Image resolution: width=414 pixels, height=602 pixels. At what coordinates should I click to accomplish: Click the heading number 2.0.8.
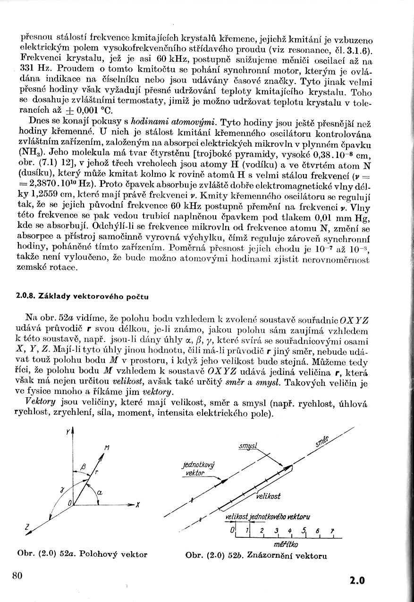24,296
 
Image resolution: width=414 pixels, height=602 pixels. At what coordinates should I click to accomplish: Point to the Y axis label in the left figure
68,431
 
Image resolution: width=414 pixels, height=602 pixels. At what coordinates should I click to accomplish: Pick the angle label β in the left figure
83,467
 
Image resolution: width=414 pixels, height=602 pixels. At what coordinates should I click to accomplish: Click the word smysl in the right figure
247,445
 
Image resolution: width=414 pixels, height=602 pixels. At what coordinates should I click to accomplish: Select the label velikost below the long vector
269,496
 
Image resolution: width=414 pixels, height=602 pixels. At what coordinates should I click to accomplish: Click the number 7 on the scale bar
332,531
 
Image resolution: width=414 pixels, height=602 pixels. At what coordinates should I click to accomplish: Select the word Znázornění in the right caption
271,555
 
